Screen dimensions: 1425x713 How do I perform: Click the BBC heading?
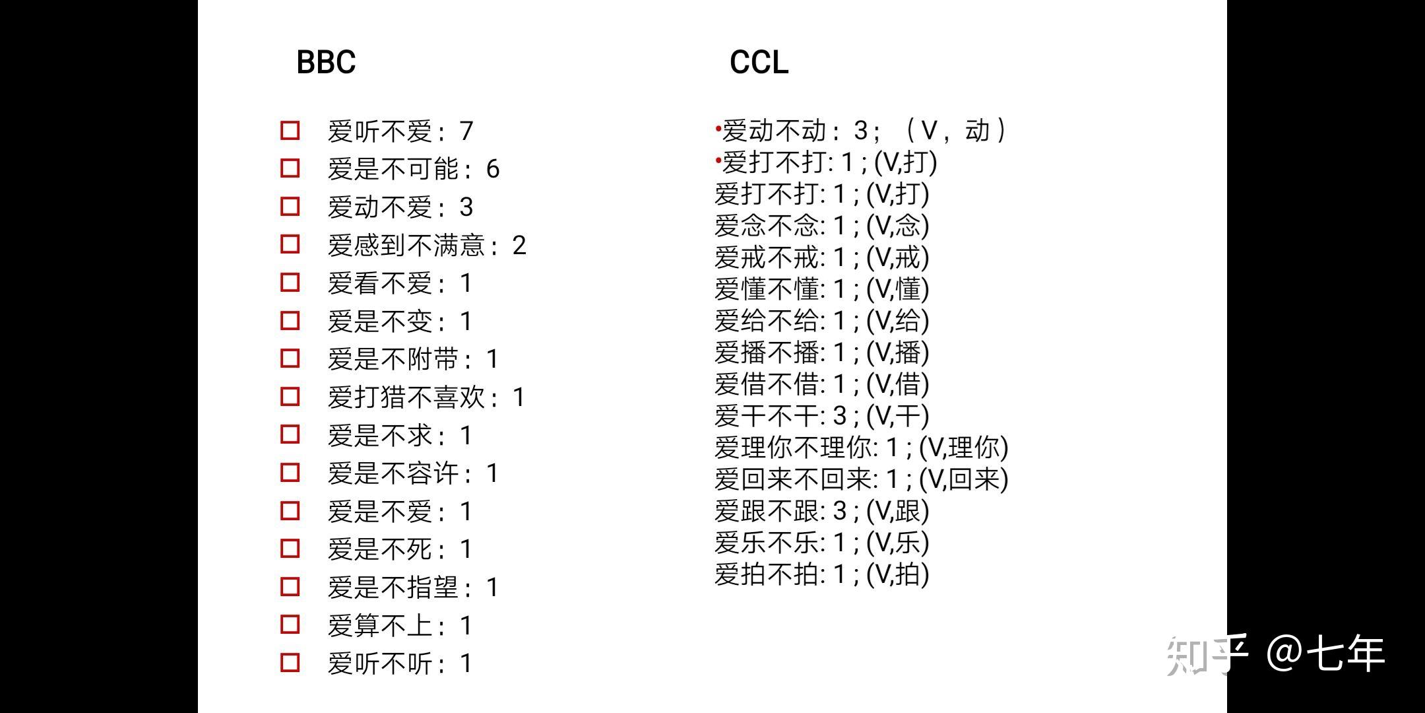tap(326, 62)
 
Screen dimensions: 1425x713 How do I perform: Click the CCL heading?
tap(759, 62)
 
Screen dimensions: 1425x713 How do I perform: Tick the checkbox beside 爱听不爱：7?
tap(290, 130)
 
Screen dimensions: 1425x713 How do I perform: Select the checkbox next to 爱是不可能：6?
tap(290, 168)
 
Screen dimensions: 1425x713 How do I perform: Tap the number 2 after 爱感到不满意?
tap(519, 246)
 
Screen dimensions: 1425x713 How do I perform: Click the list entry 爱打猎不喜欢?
tap(426, 397)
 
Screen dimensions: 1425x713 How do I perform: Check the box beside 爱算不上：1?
tap(290, 625)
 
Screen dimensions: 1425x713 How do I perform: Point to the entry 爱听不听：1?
tap(400, 663)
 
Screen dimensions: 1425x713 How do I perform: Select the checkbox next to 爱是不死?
tap(290, 549)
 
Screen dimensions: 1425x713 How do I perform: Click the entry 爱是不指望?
tap(412, 588)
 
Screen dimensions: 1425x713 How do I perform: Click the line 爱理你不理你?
tap(861, 448)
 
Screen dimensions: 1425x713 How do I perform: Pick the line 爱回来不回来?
tap(861, 479)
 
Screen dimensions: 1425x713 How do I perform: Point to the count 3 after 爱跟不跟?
tap(839, 510)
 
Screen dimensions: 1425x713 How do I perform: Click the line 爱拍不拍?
tap(821, 574)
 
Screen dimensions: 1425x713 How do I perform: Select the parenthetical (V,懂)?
tap(897, 289)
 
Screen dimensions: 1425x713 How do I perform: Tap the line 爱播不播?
tap(821, 353)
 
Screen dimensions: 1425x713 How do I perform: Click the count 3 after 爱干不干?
tap(839, 416)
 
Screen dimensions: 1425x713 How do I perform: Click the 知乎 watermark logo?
tap(1206, 654)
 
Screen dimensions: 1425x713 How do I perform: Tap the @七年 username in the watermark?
tap(1326, 654)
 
